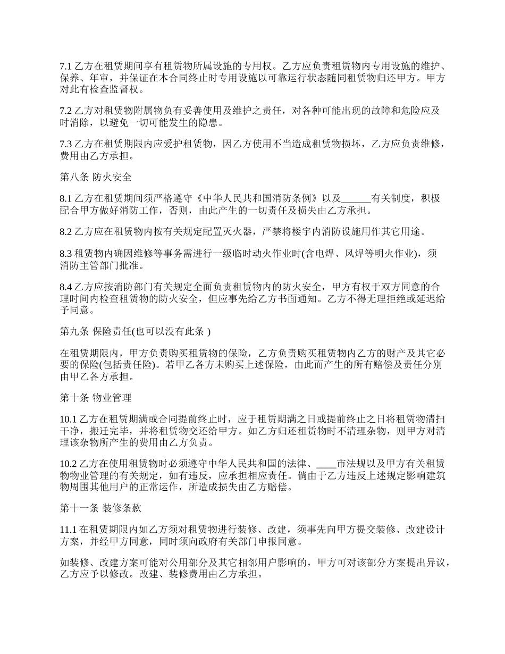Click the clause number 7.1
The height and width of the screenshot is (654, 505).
pos(65,66)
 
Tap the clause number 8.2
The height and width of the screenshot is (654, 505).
pos(65,231)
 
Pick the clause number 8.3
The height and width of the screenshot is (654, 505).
pos(65,254)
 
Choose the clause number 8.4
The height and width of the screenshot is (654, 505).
pos(65,287)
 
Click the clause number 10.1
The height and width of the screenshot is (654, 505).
pos(68,419)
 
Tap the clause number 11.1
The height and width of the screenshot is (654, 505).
pos(68,530)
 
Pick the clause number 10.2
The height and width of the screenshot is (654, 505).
pos(68,464)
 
